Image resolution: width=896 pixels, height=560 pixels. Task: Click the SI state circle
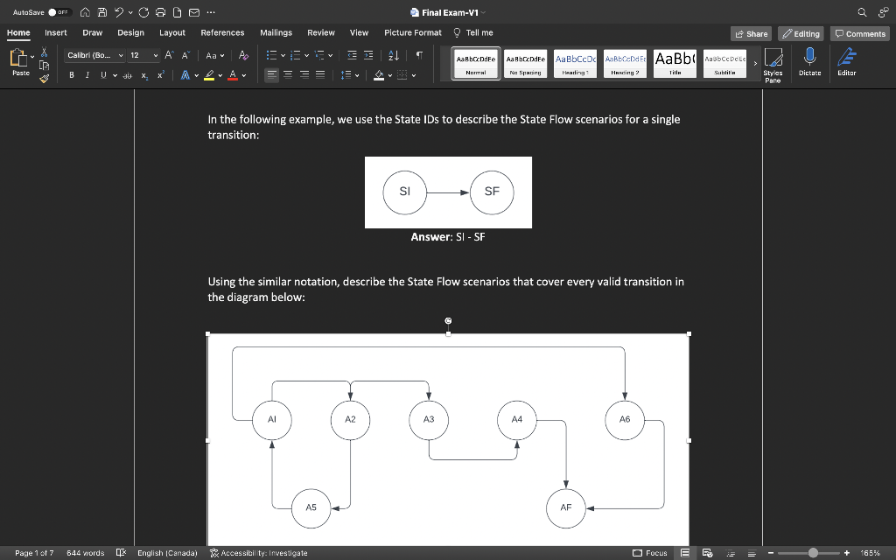[x=404, y=192]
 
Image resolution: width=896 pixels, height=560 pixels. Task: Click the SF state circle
[x=492, y=192]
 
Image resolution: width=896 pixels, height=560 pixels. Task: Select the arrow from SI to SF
[x=448, y=192]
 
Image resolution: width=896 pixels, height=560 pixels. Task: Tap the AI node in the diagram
[x=272, y=419]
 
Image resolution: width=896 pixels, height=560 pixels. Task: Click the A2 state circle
[x=350, y=419]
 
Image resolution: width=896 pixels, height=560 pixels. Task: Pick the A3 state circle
[x=429, y=419]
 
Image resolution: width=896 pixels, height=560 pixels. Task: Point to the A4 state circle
[x=517, y=419]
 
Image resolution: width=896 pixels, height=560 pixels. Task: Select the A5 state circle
[x=311, y=507]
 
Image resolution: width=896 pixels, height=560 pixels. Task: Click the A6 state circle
[x=625, y=419]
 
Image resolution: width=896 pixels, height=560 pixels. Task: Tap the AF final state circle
[x=566, y=507]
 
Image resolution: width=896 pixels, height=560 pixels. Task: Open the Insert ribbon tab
[x=56, y=32]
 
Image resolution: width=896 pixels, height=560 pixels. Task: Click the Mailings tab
[x=276, y=32]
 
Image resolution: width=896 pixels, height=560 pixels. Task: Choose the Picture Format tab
[x=413, y=32]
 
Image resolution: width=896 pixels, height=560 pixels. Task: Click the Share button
[x=752, y=33]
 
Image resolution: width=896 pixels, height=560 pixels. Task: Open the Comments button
[x=860, y=33]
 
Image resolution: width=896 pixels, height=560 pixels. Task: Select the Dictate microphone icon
[x=809, y=58]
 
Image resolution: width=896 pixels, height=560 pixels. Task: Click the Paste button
[x=20, y=61]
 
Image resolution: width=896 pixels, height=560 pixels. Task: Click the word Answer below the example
[x=430, y=237]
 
